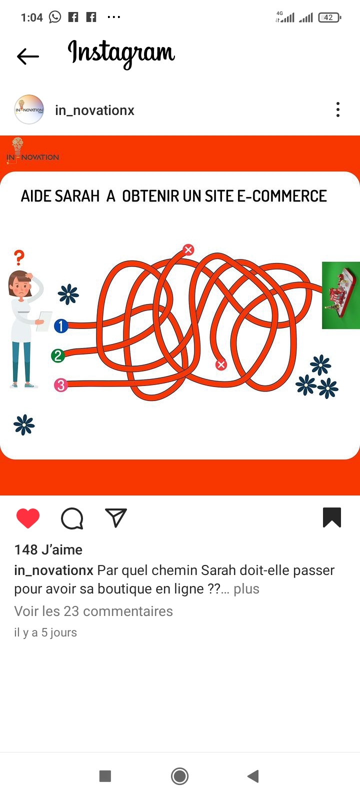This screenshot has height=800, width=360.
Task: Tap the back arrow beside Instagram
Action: tap(28, 56)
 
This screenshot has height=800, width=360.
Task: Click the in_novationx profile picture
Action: tap(29, 109)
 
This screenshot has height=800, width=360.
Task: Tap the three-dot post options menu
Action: tap(338, 109)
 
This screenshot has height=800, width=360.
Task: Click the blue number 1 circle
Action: tap(61, 325)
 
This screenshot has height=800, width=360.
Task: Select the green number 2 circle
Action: tap(58, 355)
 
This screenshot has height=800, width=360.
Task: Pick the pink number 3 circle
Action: tap(60, 385)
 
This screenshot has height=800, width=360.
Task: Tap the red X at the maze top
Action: tap(188, 249)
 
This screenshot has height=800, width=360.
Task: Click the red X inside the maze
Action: tap(221, 364)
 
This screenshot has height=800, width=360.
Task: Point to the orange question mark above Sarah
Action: tap(19, 257)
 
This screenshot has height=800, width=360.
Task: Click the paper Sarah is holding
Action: tap(44, 321)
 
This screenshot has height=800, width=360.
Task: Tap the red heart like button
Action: tap(28, 518)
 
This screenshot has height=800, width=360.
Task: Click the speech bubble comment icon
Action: tap(72, 518)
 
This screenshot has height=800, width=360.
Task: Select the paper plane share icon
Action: tap(116, 517)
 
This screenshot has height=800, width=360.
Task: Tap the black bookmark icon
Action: tap(332, 517)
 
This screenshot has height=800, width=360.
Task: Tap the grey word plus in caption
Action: tap(246, 588)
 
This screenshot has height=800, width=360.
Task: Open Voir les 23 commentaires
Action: tap(93, 611)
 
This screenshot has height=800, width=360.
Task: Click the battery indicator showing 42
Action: tap(329, 17)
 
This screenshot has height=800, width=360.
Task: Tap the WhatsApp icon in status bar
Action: tap(55, 17)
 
